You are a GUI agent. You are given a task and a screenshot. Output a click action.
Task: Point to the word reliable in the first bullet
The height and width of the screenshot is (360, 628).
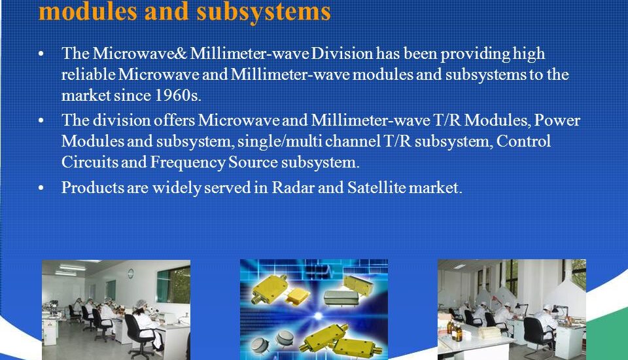(88, 75)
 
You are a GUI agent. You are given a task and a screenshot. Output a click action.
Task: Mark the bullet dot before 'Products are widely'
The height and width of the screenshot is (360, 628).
(43, 189)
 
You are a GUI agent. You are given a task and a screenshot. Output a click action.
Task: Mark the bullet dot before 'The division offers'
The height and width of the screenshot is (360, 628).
(43, 120)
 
